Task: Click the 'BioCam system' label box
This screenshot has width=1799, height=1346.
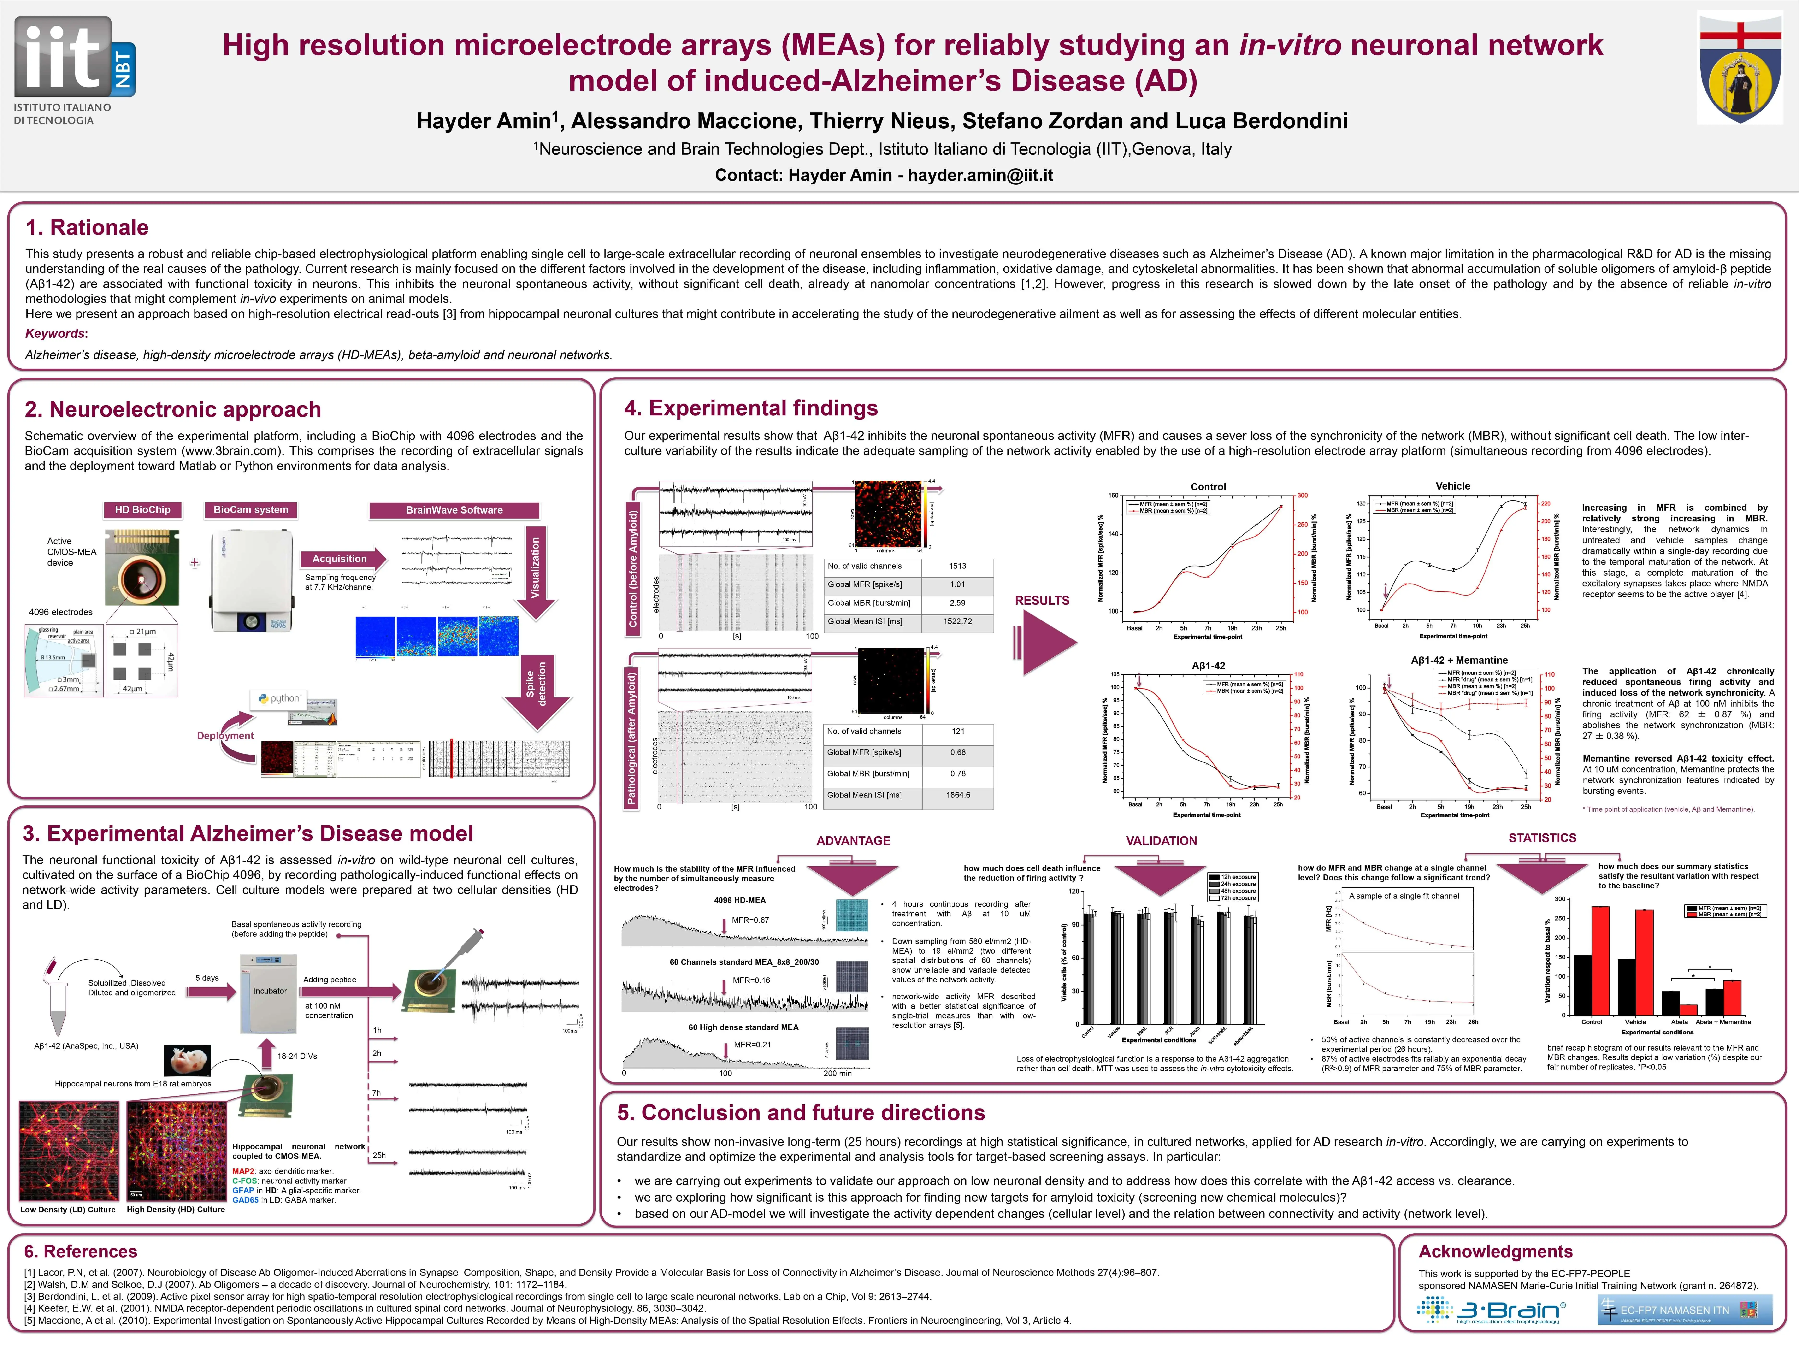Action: [x=250, y=510]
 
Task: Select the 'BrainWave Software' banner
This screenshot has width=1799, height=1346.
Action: [x=454, y=510]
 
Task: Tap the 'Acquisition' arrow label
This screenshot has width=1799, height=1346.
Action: [x=340, y=559]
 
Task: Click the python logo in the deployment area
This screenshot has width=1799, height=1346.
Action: [x=279, y=699]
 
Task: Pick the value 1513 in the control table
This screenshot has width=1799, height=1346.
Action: [x=957, y=566]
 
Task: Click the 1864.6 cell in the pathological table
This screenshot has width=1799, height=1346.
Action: [x=957, y=795]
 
